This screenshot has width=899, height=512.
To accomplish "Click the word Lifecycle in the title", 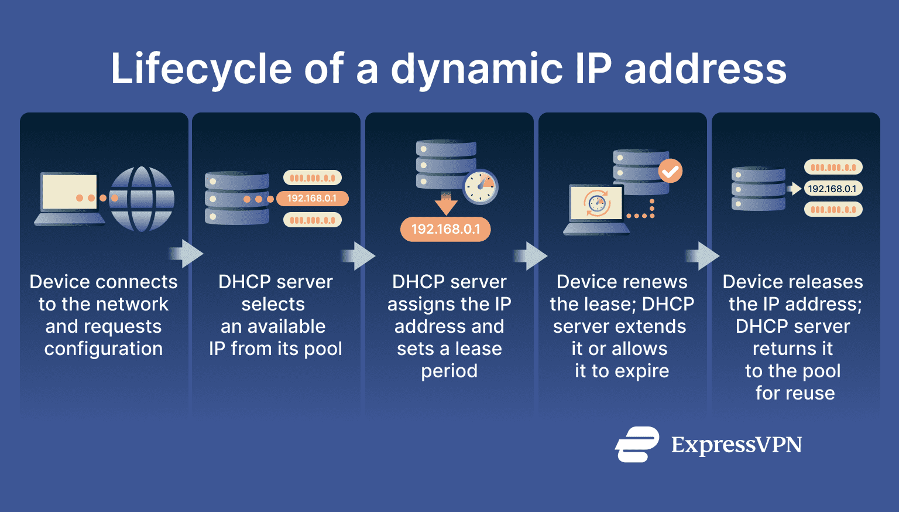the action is tap(201, 69).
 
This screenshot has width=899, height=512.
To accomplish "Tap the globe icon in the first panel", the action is tap(142, 199).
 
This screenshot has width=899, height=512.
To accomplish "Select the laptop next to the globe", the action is tap(70, 199).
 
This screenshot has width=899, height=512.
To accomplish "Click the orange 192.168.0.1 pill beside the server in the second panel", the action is tap(312, 199).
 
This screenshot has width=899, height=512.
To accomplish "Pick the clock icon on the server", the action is tap(481, 187).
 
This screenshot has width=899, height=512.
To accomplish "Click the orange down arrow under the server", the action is tap(446, 203).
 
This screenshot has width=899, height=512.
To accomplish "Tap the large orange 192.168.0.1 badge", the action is tap(445, 229).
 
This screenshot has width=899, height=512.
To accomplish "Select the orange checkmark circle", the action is tap(670, 171).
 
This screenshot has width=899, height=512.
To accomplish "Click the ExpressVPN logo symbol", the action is tap(637, 445).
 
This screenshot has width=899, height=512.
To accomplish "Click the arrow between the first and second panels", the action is tap(186, 254).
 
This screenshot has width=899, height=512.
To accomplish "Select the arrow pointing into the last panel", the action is tap(702, 256).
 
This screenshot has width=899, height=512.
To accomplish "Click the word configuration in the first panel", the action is tap(104, 349).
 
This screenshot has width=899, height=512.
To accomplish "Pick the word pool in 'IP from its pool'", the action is tap(323, 349).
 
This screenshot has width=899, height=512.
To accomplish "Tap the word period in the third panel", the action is tap(449, 371).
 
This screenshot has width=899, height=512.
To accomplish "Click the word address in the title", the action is tap(705, 69).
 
